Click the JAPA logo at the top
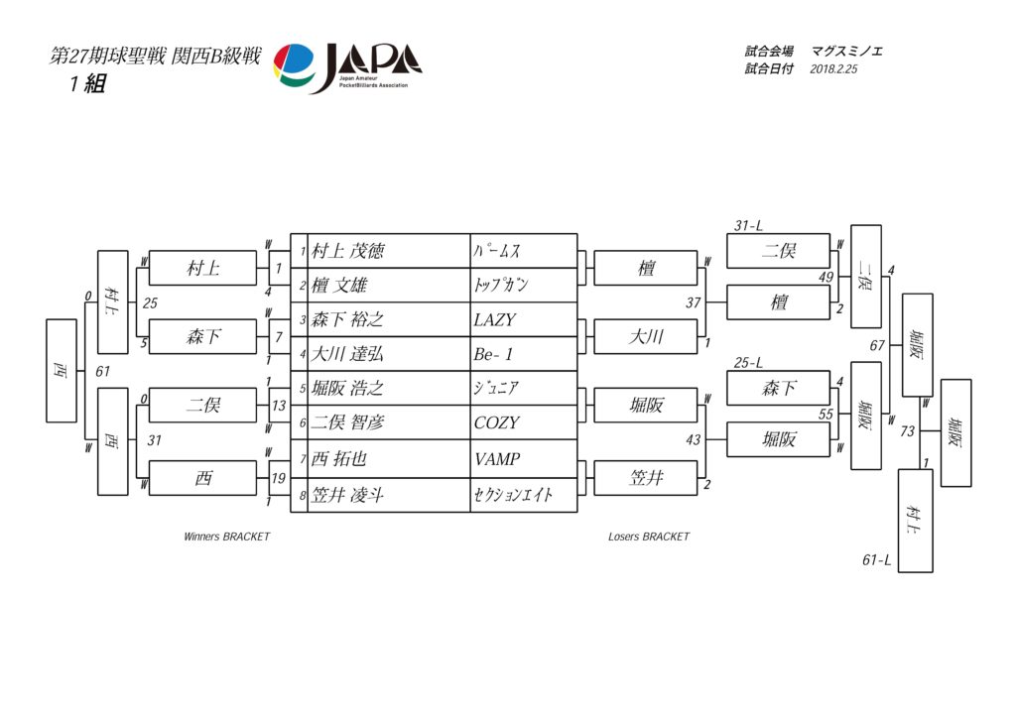point(347,68)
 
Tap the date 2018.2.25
point(833,69)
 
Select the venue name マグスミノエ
point(847,52)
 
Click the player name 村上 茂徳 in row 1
point(348,251)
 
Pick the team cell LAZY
point(495,319)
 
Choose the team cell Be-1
point(493,354)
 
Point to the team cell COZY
point(496,422)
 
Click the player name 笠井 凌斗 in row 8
point(348,496)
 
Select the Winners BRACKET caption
point(227,537)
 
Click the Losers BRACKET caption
point(649,537)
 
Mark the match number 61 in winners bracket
point(103,371)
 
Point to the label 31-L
point(748,225)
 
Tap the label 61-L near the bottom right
point(877,559)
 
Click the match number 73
point(907,430)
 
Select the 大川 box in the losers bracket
point(646,336)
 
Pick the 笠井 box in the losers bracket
point(646,478)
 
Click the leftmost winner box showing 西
point(62,371)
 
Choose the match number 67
point(877,345)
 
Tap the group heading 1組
point(87,83)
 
